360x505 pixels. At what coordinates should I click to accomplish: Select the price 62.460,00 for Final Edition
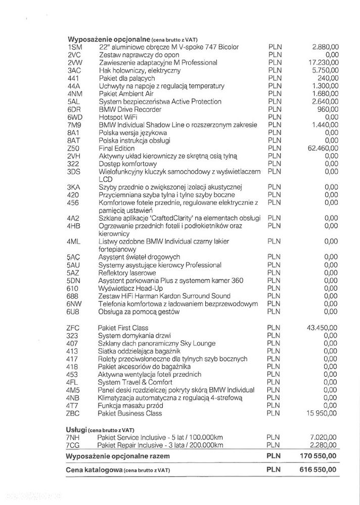[322, 148]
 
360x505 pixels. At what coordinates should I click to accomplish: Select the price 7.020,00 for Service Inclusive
[324, 437]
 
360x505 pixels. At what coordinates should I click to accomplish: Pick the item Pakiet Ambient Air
[125, 94]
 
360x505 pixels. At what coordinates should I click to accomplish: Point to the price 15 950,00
[322, 413]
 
